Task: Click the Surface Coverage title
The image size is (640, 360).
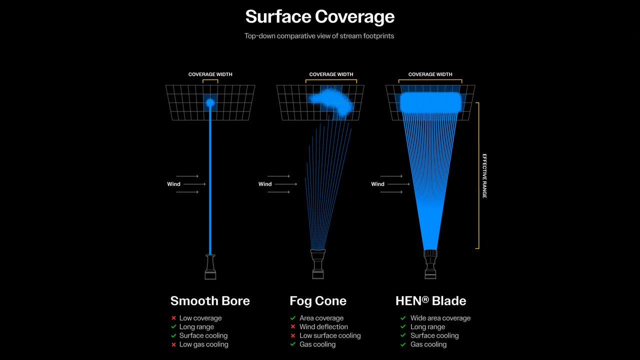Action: [319, 16]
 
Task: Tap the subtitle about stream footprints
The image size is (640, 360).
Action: [319, 36]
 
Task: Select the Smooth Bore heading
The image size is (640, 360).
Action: [210, 301]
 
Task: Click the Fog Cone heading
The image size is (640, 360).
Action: [318, 301]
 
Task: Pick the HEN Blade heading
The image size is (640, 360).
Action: [430, 301]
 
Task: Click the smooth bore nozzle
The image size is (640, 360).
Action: [210, 267]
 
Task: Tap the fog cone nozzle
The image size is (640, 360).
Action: [318, 264]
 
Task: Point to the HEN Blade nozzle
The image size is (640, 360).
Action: [430, 264]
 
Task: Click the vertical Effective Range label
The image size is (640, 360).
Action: [484, 175]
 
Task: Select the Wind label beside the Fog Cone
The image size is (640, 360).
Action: [265, 184]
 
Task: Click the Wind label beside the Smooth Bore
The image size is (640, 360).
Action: [173, 184]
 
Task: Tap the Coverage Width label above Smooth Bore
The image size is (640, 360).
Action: [210, 74]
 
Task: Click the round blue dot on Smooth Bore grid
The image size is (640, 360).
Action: [210, 103]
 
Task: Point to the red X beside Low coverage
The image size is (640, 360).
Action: [173, 318]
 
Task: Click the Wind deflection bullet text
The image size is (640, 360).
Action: [323, 327]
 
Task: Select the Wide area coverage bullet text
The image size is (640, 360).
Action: [440, 318]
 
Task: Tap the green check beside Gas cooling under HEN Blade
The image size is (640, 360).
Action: [403, 344]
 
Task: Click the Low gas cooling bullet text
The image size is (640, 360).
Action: [203, 344]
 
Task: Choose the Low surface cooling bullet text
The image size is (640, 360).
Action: [330, 335]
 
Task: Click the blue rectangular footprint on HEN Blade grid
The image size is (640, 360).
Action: [430, 102]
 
